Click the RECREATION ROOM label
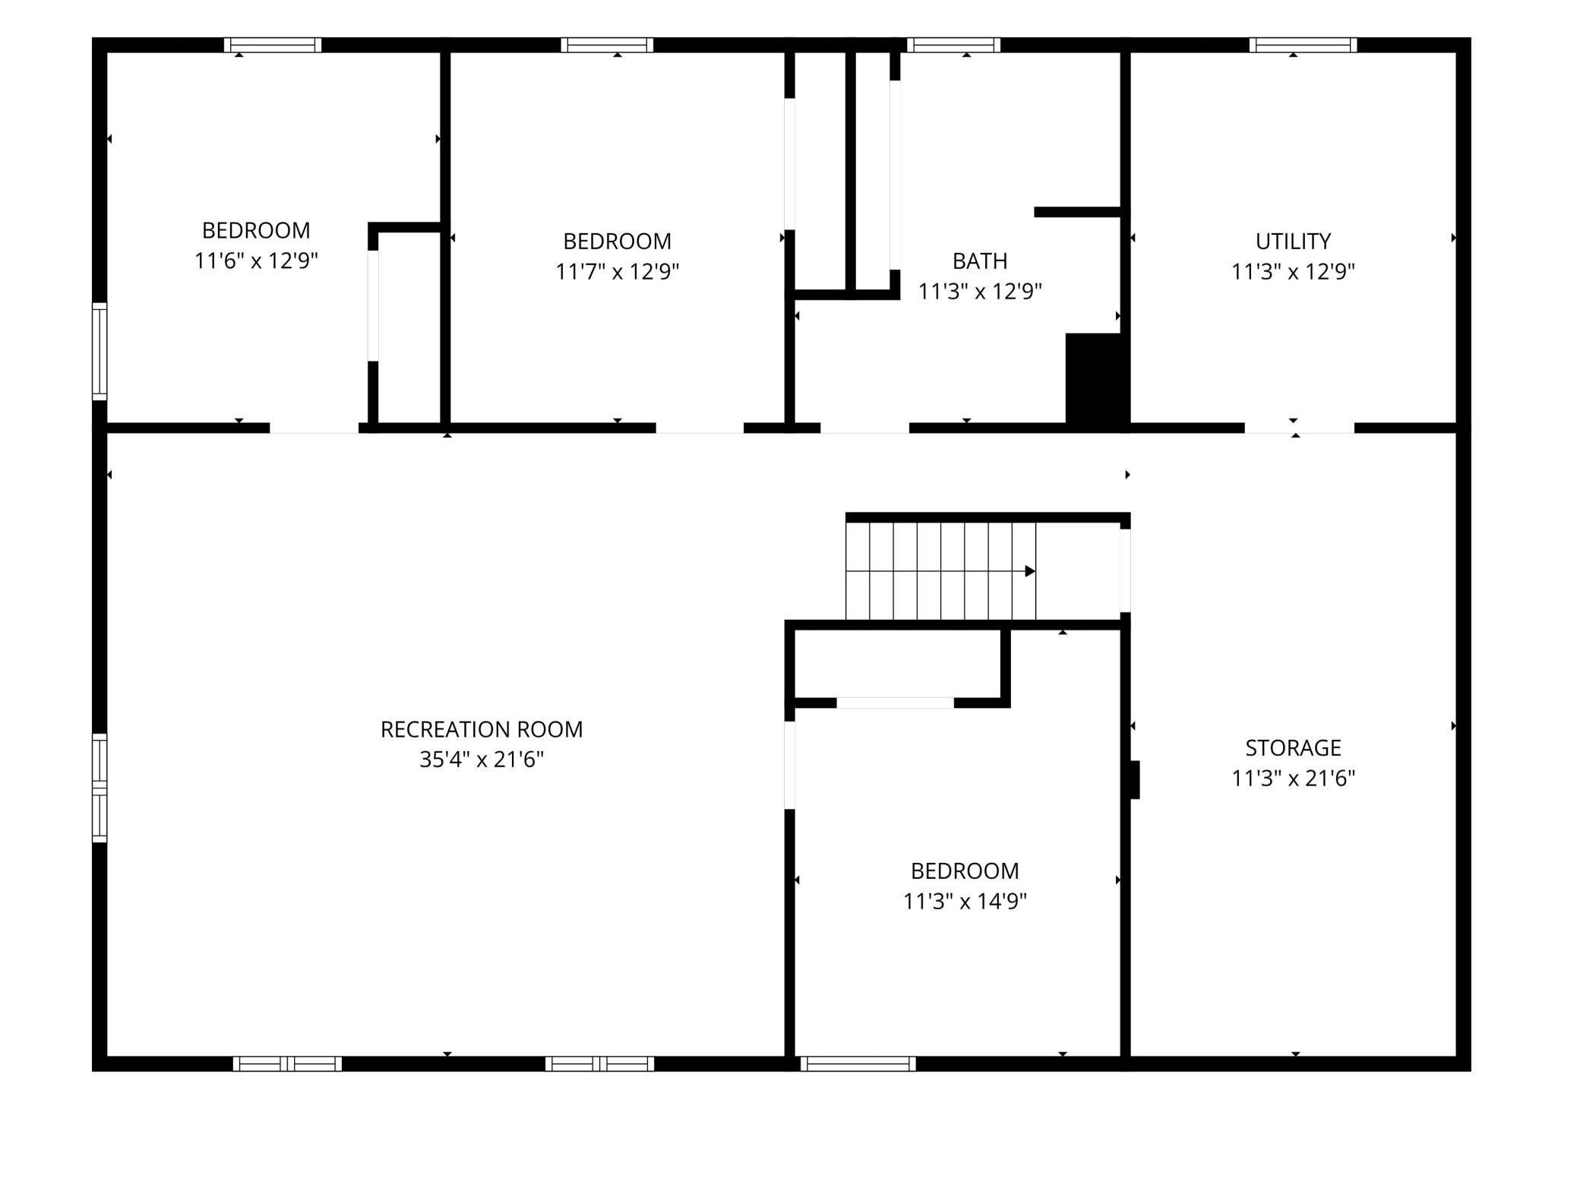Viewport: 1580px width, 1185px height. [482, 729]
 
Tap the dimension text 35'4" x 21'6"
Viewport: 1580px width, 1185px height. [482, 760]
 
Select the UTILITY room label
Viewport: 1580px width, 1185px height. [1293, 242]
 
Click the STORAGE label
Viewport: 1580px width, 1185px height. [1293, 748]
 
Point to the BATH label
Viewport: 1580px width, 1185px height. [980, 261]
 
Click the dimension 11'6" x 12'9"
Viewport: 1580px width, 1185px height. [256, 261]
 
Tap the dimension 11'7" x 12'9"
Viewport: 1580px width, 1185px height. [617, 272]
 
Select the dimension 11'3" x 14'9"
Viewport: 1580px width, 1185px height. [965, 902]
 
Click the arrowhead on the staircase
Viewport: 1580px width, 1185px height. [1031, 571]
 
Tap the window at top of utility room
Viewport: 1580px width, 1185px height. [1303, 45]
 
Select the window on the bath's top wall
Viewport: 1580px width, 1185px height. [953, 45]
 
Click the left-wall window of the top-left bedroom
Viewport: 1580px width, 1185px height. [100, 351]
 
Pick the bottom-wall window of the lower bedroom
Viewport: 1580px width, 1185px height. [858, 1064]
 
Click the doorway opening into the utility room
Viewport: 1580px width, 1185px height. [1299, 428]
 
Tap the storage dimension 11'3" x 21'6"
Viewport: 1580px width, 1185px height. [1293, 779]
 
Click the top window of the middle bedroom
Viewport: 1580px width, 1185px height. [607, 45]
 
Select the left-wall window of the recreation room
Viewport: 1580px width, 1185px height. [100, 788]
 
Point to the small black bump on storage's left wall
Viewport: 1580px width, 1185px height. [1135, 779]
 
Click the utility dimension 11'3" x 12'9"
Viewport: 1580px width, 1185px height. [1293, 272]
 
